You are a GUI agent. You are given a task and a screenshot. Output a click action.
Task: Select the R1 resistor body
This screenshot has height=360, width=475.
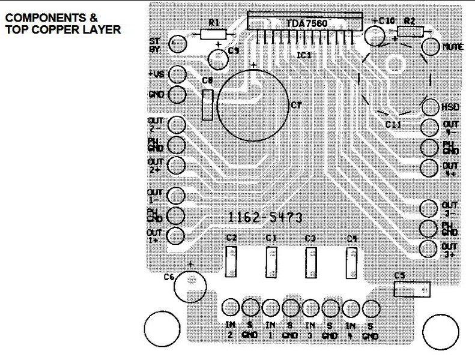pos(212,35)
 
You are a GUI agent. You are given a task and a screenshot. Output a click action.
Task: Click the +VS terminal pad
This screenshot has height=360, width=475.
pos(177,74)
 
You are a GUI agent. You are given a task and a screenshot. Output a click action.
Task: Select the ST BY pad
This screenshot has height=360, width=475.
pos(177,44)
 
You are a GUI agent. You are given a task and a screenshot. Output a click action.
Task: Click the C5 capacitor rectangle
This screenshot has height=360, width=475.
pos(412,290)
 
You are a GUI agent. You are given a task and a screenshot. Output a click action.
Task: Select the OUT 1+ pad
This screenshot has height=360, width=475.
pos(176,235)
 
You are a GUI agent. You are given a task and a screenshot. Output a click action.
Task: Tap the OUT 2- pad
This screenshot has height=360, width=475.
pos(177,125)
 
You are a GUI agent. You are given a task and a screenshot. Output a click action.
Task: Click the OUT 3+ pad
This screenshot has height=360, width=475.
pos(428,249)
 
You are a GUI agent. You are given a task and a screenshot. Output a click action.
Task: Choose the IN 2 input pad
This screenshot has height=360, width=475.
pos(230,308)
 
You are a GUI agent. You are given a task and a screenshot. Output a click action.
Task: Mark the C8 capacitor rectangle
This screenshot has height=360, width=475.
pos(208,104)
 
